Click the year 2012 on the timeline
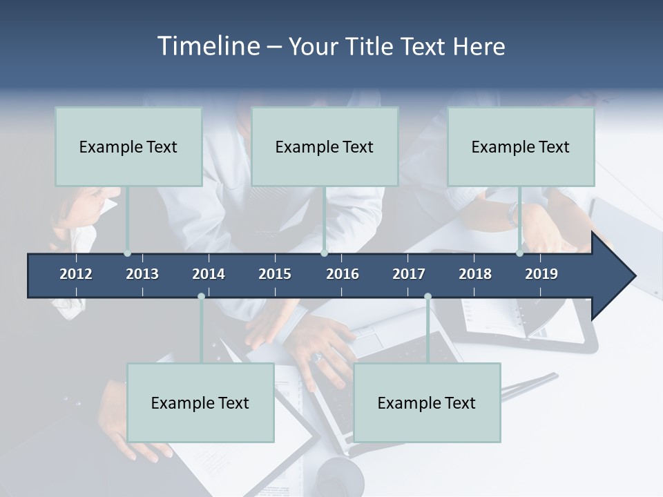pyautogui.click(x=76, y=274)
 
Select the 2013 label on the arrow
pyautogui.click(x=142, y=274)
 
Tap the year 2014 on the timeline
pyautogui.click(x=209, y=274)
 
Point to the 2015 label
pyautogui.click(x=275, y=274)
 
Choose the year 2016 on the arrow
pyautogui.click(x=343, y=274)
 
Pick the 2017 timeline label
pyautogui.click(x=409, y=274)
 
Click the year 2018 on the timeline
pyautogui.click(x=475, y=274)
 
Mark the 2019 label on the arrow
pyautogui.click(x=541, y=274)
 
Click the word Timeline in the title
pyautogui.click(x=208, y=46)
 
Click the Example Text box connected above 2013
pyautogui.click(x=128, y=146)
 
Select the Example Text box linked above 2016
pyautogui.click(x=325, y=146)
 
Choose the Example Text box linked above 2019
pyautogui.click(x=521, y=146)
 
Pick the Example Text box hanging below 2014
pyautogui.click(x=200, y=402)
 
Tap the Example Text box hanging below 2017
pyautogui.click(x=427, y=402)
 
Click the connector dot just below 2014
pyautogui.click(x=201, y=296)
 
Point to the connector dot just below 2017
pyautogui.click(x=427, y=296)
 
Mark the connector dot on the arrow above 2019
pyautogui.click(x=519, y=253)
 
